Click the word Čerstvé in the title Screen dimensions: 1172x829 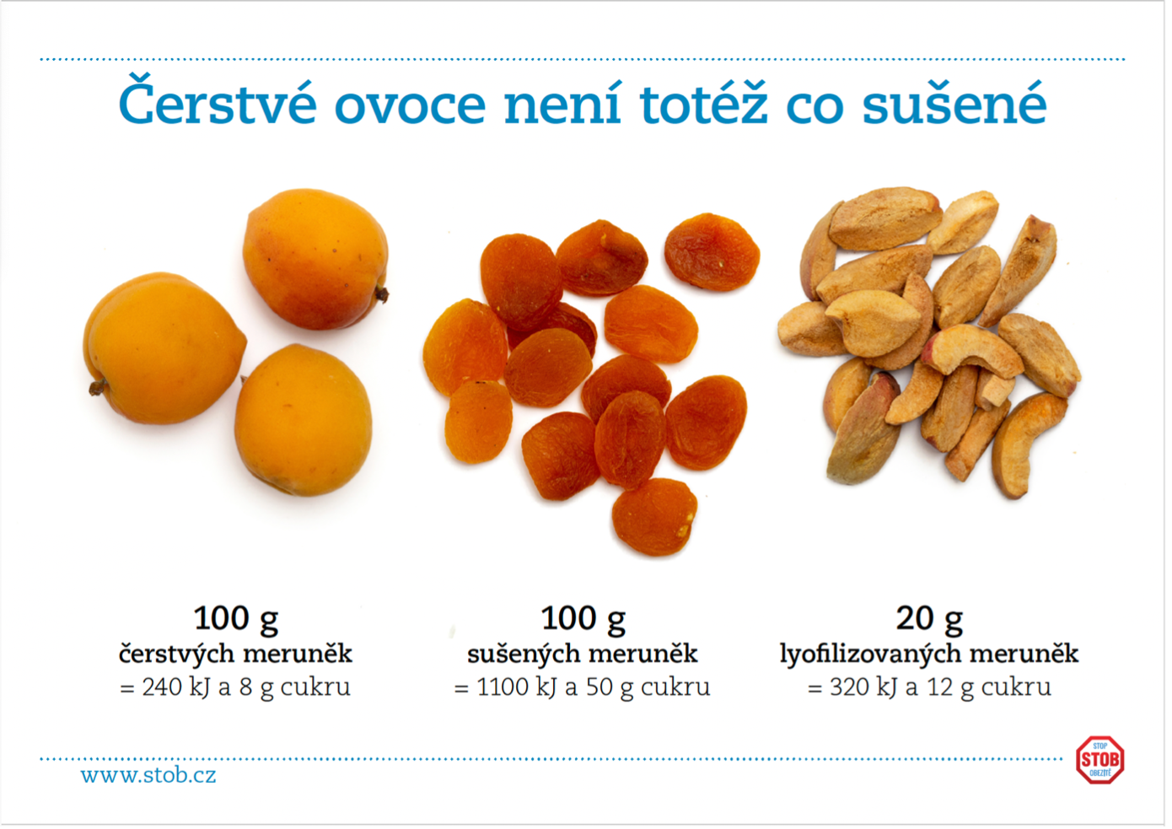[x=218, y=100]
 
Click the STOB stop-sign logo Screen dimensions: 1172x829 [x=1099, y=759]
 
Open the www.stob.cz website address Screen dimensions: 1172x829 [x=148, y=775]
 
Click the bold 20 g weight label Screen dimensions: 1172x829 [x=929, y=620]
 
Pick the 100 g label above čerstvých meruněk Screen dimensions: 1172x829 [x=236, y=620]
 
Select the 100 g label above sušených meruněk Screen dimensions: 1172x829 [x=583, y=620]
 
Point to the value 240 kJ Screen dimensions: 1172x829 [x=175, y=687]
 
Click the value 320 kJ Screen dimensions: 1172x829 [x=863, y=687]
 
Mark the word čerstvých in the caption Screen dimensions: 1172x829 [x=177, y=654]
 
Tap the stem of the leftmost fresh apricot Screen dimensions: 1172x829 [x=97, y=387]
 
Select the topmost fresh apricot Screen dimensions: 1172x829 [x=315, y=259]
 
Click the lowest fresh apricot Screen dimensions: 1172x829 [x=304, y=420]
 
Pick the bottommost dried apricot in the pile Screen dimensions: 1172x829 [x=654, y=517]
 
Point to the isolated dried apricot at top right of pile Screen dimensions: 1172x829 [x=712, y=251]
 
